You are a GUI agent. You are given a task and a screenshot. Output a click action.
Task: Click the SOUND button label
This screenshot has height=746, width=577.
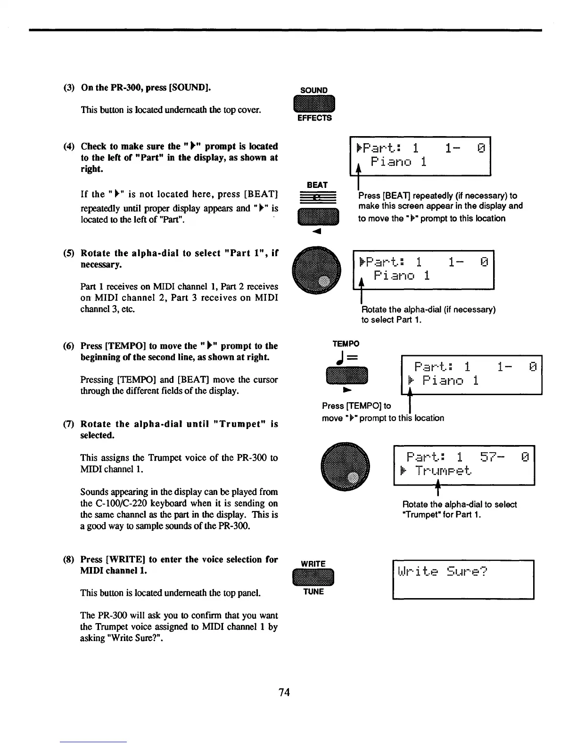pyautogui.click(x=314, y=90)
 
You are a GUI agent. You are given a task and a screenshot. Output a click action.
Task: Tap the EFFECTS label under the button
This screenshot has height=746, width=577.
pyautogui.click(x=314, y=118)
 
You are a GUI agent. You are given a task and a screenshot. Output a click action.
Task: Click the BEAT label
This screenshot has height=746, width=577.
pyautogui.click(x=317, y=185)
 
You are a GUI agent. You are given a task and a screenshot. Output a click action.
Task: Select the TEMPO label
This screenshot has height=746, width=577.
pyautogui.click(x=346, y=343)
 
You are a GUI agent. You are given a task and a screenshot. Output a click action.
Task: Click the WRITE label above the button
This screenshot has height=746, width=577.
pyautogui.click(x=313, y=564)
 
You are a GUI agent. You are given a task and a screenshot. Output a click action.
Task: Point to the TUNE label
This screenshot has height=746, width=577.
pyautogui.click(x=313, y=592)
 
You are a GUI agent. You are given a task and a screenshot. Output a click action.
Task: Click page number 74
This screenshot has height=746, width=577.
pyautogui.click(x=284, y=692)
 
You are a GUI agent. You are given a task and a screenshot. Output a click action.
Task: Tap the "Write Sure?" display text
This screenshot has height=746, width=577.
pyautogui.click(x=442, y=572)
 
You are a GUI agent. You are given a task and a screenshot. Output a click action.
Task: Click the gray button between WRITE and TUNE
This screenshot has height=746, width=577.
pyautogui.click(x=313, y=578)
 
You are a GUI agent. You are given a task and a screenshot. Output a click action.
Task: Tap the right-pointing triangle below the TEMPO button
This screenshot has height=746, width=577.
pyautogui.click(x=346, y=390)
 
